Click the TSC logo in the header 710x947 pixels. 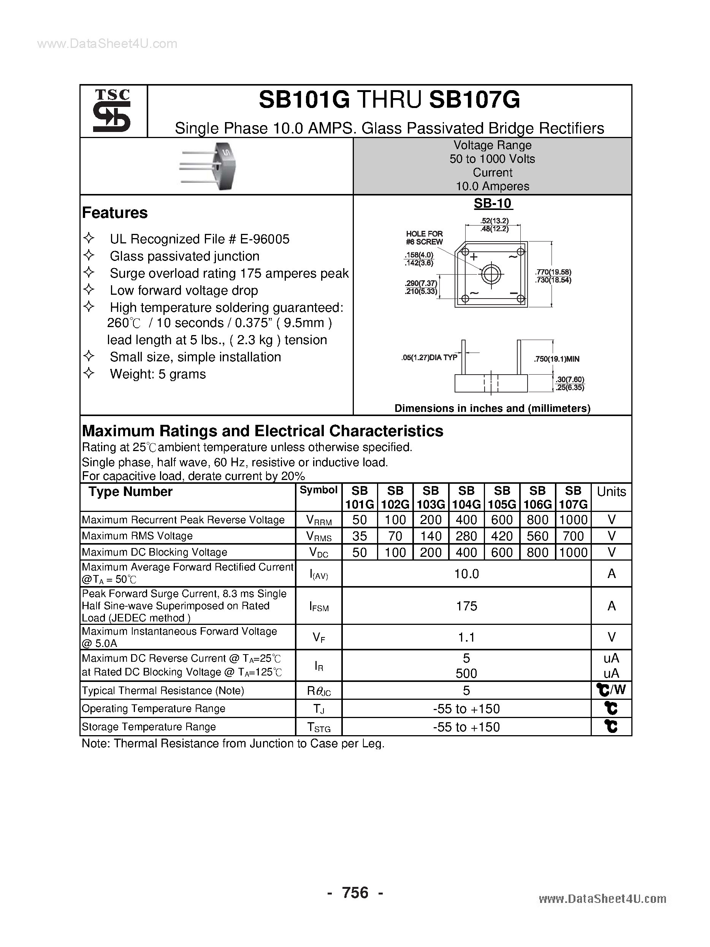click(112, 111)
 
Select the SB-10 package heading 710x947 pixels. click(492, 203)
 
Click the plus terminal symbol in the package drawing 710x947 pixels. click(474, 257)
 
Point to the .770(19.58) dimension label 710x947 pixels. click(553, 272)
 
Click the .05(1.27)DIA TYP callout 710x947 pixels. click(429, 358)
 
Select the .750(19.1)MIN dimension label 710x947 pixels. click(556, 359)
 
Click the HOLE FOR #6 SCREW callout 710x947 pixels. click(424, 238)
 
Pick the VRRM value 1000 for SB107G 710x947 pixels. click(573, 520)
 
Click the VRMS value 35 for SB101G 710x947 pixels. click(360, 536)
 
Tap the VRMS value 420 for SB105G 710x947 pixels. click(502, 536)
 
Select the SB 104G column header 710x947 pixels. click(466, 497)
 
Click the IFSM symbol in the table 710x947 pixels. click(319, 606)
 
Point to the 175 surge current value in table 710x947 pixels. click(466, 606)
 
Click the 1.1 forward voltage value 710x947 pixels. click(466, 637)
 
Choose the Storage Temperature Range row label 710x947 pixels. click(149, 726)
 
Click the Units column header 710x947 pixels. click(611, 491)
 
